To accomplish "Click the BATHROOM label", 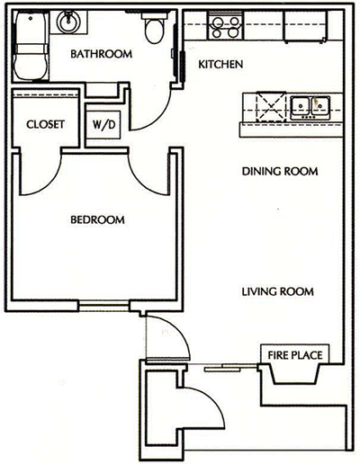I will click(102, 54).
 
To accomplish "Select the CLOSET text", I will click(45, 124).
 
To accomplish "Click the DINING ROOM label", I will click(282, 171).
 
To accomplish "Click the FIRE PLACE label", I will click(294, 354).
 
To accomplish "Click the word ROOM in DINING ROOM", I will click(305, 171).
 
